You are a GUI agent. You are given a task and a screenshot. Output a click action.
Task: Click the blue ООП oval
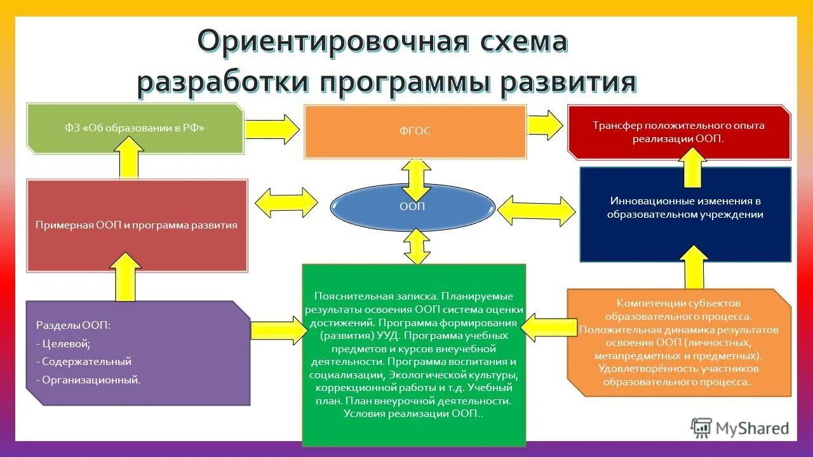tap(412, 207)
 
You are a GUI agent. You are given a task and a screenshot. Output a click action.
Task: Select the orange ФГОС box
tap(415, 131)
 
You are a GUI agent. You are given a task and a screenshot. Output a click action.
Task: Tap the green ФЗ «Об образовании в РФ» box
tap(135, 128)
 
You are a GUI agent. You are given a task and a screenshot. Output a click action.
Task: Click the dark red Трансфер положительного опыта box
tap(678, 132)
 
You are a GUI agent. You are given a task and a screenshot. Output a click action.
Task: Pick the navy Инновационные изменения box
tap(685, 215)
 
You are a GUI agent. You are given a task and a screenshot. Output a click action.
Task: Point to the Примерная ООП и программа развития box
tap(137, 225)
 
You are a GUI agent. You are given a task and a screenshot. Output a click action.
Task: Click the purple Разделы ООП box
tap(138, 353)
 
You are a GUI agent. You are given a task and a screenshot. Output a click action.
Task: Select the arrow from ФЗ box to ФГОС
tap(272, 129)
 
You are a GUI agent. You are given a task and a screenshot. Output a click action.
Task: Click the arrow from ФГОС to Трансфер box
tap(545, 124)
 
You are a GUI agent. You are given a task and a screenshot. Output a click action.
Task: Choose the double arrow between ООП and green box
tap(416, 246)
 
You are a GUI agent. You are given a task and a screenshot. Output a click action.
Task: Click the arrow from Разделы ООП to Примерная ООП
tap(128, 276)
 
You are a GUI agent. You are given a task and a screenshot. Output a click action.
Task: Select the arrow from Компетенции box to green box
tap(546, 325)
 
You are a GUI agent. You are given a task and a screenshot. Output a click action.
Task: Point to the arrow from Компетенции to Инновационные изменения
tap(695, 267)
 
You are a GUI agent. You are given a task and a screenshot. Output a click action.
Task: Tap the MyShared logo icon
tap(701, 428)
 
